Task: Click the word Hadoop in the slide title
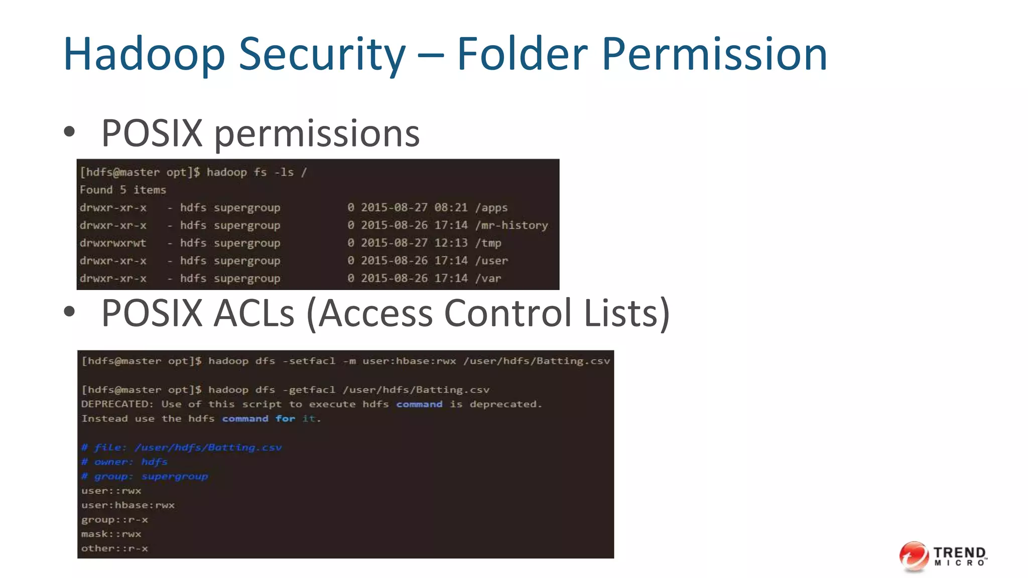[144, 54]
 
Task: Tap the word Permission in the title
[714, 54]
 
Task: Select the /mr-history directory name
[511, 225]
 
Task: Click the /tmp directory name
[488, 243]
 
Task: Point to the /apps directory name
[491, 208]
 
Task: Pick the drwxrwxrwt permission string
[113, 243]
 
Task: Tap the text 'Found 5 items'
[123, 190]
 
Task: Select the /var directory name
[488, 278]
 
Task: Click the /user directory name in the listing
[491, 261]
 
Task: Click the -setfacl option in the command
[309, 361]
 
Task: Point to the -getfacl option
[309, 390]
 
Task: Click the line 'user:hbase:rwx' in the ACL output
[128, 505]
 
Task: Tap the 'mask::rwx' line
[111, 534]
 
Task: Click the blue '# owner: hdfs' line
[124, 462]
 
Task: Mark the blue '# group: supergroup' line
[145, 477]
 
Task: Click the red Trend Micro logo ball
[914, 556]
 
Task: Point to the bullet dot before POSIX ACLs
[69, 312]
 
